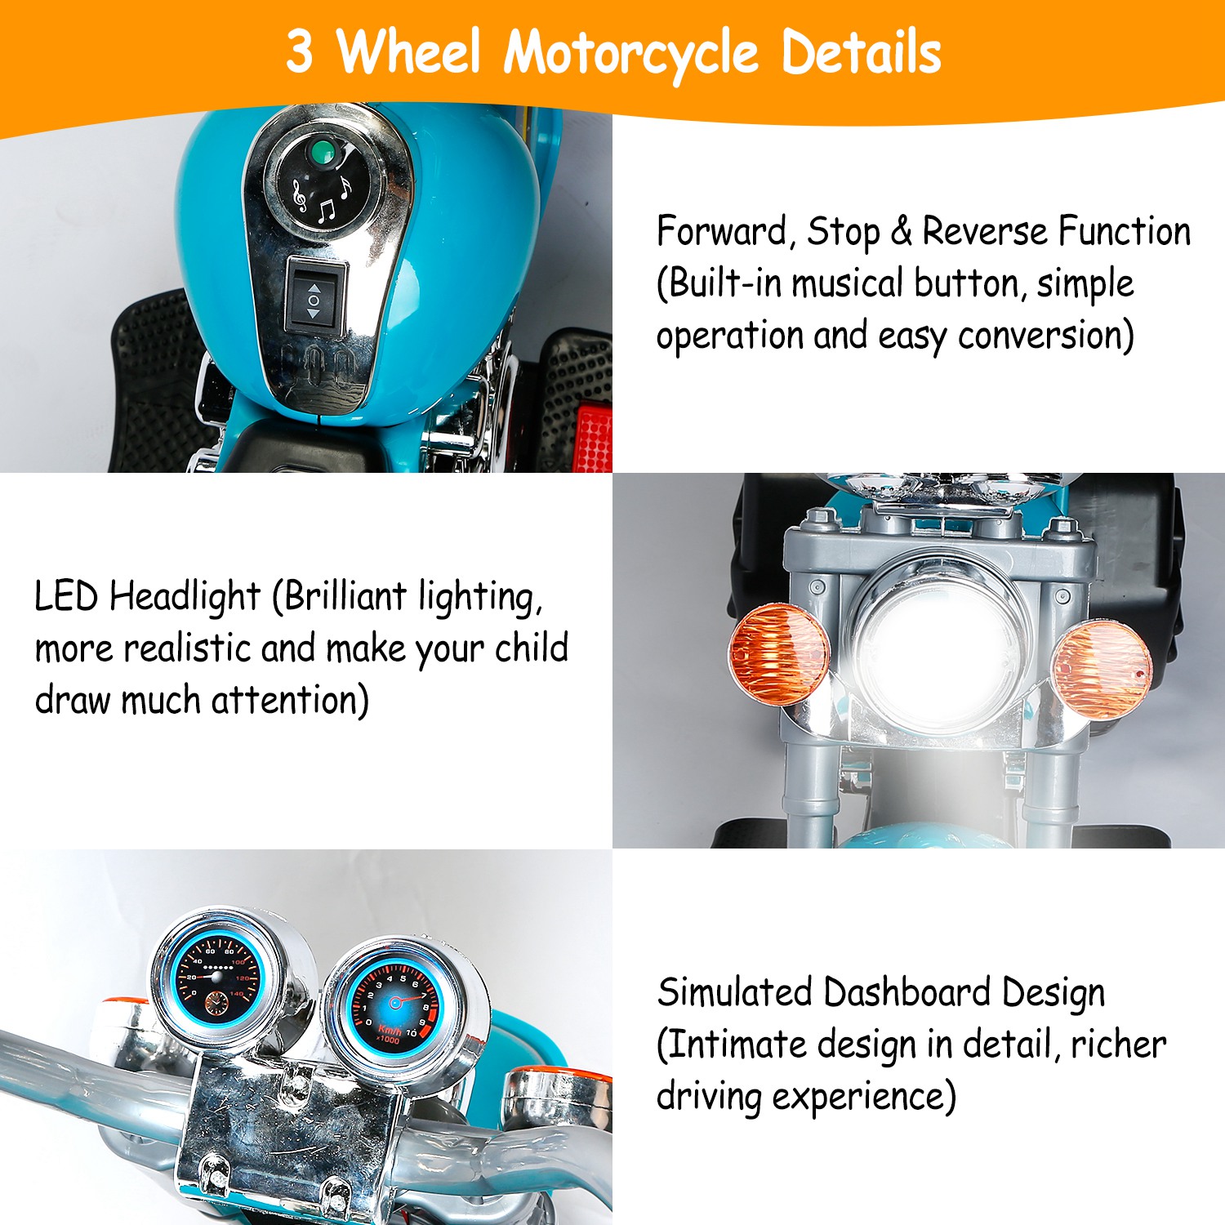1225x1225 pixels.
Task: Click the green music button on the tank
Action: (323, 152)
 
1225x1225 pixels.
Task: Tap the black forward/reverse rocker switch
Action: (314, 296)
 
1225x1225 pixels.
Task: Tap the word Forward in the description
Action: (724, 231)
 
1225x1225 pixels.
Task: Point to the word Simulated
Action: (735, 992)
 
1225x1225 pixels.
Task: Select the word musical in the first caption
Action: (848, 283)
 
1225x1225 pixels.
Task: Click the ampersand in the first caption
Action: (901, 232)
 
